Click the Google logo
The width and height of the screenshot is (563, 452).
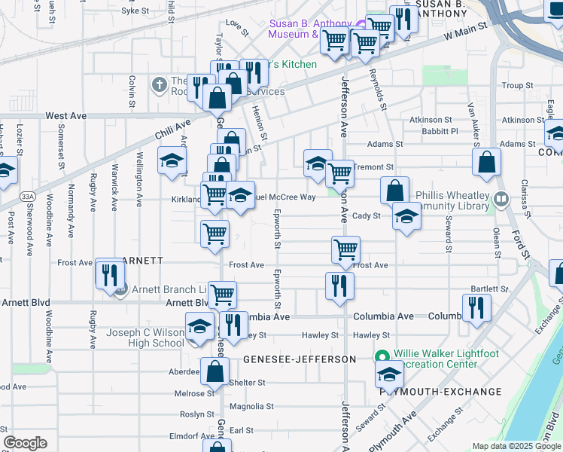point(25,443)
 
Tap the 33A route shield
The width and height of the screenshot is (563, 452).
point(28,196)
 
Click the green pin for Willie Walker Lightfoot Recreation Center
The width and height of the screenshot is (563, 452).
point(382,356)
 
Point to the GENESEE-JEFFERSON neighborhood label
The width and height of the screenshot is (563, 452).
point(299,359)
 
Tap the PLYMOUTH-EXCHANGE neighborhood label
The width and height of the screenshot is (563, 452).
point(440,392)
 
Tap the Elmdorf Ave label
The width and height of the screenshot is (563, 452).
point(193,435)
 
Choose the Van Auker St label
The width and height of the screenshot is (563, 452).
point(473,121)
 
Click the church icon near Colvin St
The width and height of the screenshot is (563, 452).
point(159,84)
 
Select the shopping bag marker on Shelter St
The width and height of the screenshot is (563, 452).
point(215,371)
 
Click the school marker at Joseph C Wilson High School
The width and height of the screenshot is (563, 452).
point(199,327)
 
